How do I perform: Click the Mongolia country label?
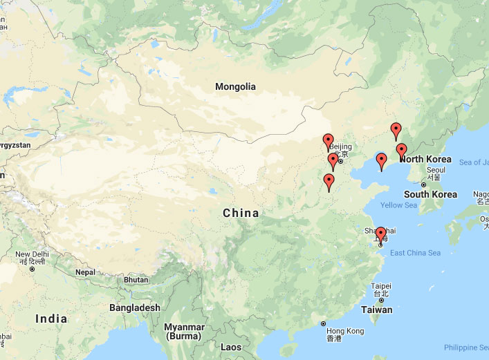pos(235,86)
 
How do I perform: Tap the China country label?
pos(241,213)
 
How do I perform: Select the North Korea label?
pos(426,160)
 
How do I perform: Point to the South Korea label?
pos(430,194)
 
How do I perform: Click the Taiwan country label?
pos(378,310)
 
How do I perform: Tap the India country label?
pos(52,319)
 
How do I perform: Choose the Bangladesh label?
pos(134,307)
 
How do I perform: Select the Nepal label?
pos(85,272)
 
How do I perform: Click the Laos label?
pos(231,347)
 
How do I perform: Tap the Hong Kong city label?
pos(346,331)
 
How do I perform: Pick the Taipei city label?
pos(381,286)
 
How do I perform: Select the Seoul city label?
pos(436,170)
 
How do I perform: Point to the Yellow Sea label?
pos(399,205)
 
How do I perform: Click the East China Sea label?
pos(415,253)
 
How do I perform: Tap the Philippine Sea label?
pos(467,347)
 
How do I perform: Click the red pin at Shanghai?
pos(380,234)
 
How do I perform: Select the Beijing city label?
pos(340,146)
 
